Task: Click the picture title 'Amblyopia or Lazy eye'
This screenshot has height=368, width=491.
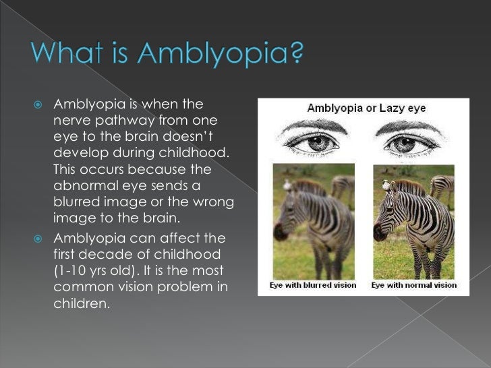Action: coord(366,109)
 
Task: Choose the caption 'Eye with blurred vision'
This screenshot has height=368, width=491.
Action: coord(313,285)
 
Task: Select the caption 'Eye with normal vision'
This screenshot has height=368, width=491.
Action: coord(413,285)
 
